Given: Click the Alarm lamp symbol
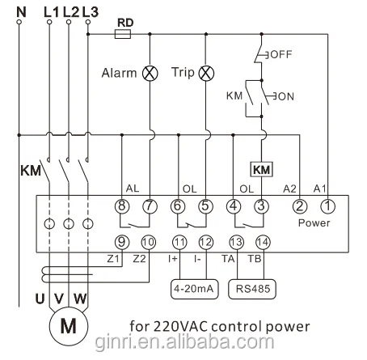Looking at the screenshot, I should pos(150,72).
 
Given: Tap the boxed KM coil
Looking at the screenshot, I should pos(261,170).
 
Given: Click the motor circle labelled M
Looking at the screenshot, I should pos(67,326).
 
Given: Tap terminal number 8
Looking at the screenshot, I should pos(122,206).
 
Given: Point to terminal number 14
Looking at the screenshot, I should pos(260,241).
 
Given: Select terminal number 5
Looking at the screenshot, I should pos(205,206).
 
